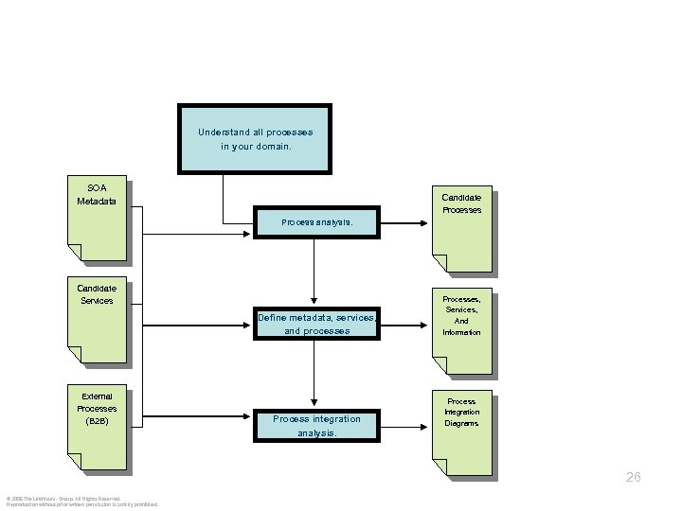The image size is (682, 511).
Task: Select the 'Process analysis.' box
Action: pos(317,223)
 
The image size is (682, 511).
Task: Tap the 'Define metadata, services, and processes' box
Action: pos(317,325)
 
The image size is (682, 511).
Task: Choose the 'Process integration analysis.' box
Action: pos(317,426)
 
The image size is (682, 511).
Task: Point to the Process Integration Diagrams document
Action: pos(461,431)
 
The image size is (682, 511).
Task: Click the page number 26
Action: pos(633,478)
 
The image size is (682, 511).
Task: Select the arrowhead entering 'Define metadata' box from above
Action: pos(314,303)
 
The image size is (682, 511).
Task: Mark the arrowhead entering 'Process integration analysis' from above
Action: pos(314,404)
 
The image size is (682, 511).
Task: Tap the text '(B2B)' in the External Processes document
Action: pos(97,420)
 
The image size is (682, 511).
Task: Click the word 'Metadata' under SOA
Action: pos(97,201)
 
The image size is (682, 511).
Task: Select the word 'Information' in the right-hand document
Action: pos(461,333)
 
